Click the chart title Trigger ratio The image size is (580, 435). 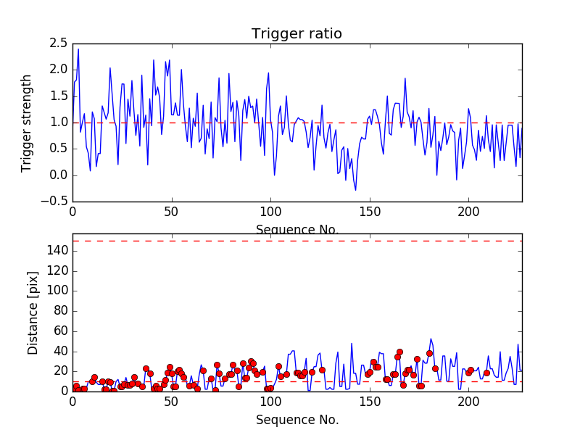297,33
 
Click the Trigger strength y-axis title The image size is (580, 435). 27,123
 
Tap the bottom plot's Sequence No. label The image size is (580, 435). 297,420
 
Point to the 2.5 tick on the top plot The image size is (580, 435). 59,43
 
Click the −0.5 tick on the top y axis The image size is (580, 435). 55,202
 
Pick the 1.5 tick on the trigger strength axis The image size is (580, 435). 59,96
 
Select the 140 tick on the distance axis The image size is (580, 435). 57,251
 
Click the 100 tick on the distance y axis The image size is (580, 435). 57,291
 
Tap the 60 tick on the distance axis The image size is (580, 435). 60,331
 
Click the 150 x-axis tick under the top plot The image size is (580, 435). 370,212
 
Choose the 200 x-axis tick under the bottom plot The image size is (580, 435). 469,401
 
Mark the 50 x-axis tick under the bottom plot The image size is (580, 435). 172,401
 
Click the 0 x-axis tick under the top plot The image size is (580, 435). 72,212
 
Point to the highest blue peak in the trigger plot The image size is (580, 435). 78,49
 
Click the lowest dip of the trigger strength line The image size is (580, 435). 355,190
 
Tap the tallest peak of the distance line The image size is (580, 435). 431,339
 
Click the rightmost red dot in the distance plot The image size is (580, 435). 486,373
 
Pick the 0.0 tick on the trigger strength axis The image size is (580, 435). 59,175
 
